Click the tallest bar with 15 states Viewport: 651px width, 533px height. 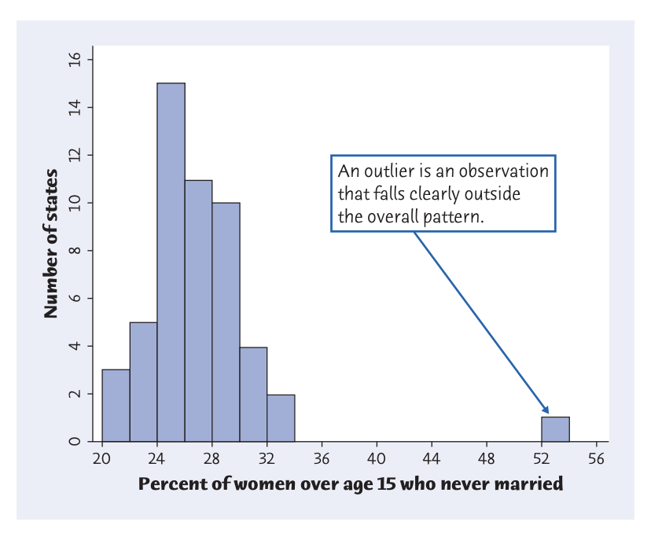point(171,263)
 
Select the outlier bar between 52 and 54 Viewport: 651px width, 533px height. point(556,429)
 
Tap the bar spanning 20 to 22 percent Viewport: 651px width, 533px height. point(116,406)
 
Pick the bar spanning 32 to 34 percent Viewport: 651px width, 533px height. point(281,418)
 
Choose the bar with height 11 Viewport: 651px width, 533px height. point(198,311)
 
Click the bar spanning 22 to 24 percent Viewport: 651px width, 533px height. point(144,382)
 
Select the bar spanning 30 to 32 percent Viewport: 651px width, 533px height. point(254,395)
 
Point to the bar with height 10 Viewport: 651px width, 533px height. point(226,322)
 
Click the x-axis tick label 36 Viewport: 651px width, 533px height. point(322,459)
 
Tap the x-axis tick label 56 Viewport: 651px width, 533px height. point(596,459)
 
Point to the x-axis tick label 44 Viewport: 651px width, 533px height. point(432,459)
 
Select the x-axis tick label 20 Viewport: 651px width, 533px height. point(101,459)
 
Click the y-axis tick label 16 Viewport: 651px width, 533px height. point(75,60)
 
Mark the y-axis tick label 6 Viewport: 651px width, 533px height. point(75,299)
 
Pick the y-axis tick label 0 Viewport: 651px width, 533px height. point(75,441)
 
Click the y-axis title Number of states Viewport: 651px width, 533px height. point(50,244)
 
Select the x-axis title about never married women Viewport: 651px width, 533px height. point(351,484)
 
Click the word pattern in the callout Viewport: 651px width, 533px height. point(453,217)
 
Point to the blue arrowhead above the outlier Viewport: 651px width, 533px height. point(545,410)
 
